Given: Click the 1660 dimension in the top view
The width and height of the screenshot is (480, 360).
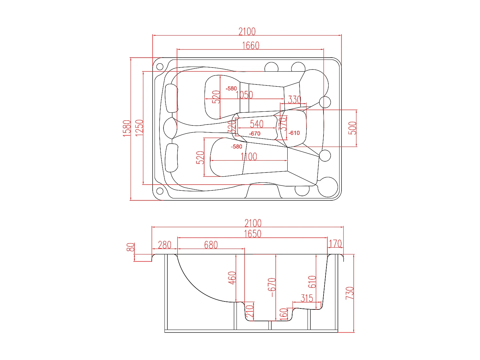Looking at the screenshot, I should [251, 45].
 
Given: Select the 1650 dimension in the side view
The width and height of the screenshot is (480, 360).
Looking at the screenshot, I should [252, 234].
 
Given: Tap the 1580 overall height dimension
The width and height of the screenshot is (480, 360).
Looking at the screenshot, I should [127, 128].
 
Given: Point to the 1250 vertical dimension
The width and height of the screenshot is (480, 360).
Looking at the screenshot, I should [140, 128].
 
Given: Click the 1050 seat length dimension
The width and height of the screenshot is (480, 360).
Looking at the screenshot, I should [244, 95].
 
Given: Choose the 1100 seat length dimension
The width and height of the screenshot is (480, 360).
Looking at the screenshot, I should [249, 157].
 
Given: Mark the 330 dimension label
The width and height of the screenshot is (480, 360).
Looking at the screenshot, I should [294, 100].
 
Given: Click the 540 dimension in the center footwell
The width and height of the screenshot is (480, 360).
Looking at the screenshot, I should [257, 124].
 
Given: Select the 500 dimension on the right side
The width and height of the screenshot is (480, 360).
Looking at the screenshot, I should [352, 128].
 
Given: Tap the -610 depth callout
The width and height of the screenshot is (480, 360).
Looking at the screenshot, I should [294, 133].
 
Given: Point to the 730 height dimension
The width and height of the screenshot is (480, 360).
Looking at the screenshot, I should [350, 293].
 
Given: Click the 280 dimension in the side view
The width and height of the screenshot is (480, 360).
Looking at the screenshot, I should [164, 245].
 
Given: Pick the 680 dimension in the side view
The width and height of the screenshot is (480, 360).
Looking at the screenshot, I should [211, 245].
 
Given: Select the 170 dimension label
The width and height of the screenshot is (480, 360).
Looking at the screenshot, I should [335, 244].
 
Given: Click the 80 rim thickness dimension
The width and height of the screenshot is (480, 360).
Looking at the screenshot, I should [131, 247].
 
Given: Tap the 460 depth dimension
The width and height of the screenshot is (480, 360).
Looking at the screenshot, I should [232, 278].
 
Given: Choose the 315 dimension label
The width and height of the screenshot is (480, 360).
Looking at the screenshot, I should [307, 298].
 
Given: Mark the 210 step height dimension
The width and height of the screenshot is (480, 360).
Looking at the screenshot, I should [250, 311].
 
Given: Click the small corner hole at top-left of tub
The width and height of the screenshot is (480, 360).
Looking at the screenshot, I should [159, 67].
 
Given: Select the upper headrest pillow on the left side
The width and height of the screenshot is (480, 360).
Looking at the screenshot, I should [172, 98].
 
